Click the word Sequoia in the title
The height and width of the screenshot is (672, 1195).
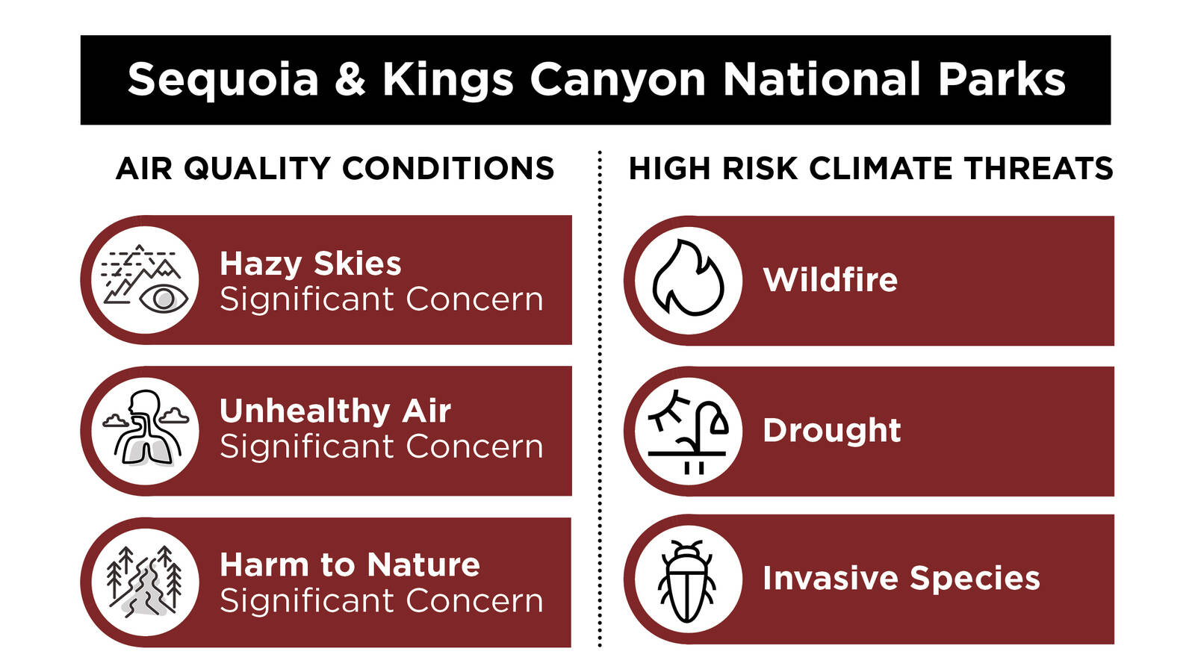[223, 80]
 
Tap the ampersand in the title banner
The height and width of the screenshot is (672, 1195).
[350, 79]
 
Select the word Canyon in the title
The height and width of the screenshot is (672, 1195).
[618, 80]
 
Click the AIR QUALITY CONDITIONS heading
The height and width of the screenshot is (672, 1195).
[335, 169]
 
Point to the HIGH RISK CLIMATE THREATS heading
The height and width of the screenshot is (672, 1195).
[871, 169]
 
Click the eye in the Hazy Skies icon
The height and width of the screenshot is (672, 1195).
[164, 299]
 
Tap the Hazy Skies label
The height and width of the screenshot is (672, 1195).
[311, 264]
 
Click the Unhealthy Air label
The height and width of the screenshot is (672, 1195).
[335, 411]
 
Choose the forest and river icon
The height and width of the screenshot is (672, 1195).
[145, 582]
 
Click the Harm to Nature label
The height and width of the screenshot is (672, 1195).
[350, 564]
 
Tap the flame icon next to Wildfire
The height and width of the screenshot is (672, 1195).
[688, 278]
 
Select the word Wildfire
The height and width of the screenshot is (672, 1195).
[830, 279]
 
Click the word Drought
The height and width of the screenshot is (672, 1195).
[832, 430]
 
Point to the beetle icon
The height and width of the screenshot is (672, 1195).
[686, 582]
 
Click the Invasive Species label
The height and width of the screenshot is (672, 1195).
[901, 579]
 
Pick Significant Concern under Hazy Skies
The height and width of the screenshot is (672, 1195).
[382, 299]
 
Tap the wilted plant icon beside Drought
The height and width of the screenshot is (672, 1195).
[688, 432]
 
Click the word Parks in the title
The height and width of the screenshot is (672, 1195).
[1002, 79]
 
